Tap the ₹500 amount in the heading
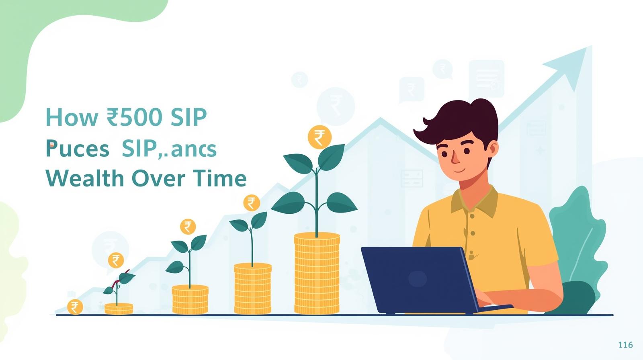tap(135, 117)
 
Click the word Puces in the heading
tap(77, 149)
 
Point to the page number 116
tap(625, 345)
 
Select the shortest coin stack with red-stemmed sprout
tap(119, 309)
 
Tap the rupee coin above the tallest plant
tap(319, 137)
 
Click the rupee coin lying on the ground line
tap(75, 307)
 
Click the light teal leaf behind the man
tap(579, 237)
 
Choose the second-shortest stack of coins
tap(190, 299)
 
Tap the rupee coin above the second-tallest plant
tap(252, 203)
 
